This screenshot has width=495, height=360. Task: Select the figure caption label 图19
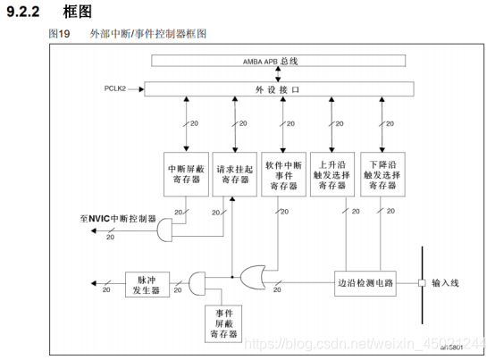57,34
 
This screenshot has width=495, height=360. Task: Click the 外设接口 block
280,90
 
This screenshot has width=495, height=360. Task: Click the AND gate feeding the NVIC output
166,231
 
